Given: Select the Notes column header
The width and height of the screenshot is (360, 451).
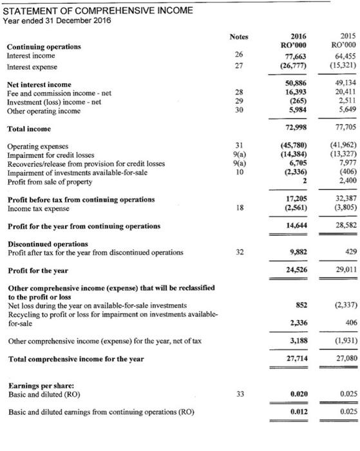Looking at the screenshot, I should pyautogui.click(x=238, y=36).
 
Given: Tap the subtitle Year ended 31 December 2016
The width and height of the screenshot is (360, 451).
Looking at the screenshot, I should pyautogui.click(x=57, y=20).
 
